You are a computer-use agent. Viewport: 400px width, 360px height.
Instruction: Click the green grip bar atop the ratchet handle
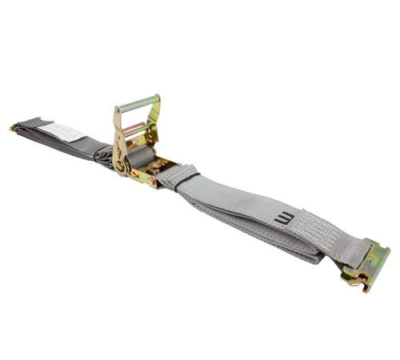click(x=138, y=103)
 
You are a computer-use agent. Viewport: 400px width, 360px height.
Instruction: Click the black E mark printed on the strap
click(x=283, y=217)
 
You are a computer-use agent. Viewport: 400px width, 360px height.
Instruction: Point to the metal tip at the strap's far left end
click(x=14, y=126)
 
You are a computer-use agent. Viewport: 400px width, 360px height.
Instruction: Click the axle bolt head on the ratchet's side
click(x=121, y=166)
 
